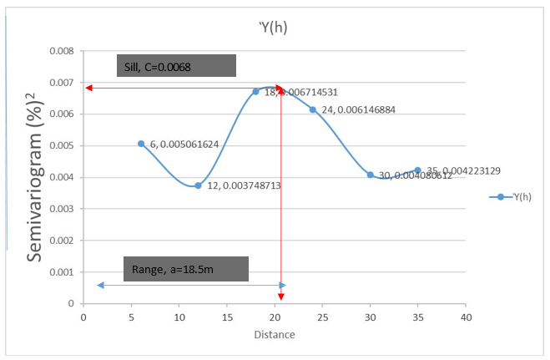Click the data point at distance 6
pos(141,144)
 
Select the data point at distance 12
pos(198,185)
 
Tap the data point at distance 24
pos(313,109)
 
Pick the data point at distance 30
pos(371,175)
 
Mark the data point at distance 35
pos(418,170)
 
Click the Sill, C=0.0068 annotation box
pos(175,66)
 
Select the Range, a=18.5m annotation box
pos(186,269)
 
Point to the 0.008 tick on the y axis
pos(62,51)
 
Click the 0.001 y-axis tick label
pos(62,272)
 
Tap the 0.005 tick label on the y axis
pos(62,146)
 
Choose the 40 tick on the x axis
pos(467,317)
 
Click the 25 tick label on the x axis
pos(322,317)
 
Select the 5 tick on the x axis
pos(131,317)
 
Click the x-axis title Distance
pos(275,335)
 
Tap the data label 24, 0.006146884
pos(359,109)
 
